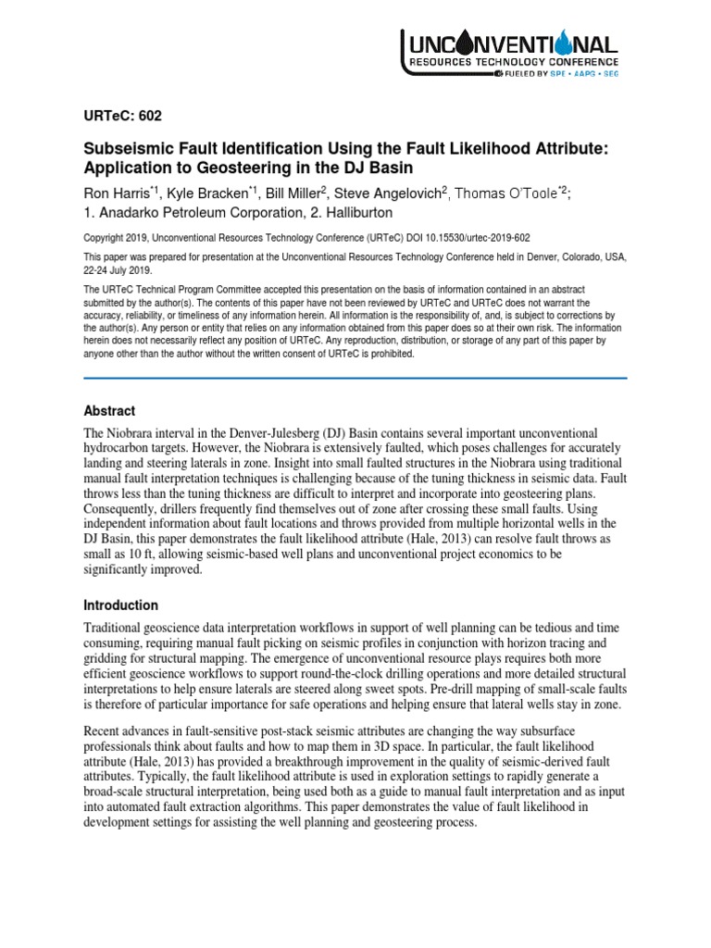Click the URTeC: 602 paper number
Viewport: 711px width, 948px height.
[123, 117]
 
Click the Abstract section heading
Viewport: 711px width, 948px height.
[109, 411]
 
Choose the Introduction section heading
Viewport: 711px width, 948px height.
[120, 605]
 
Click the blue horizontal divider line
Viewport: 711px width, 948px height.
[355, 378]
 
